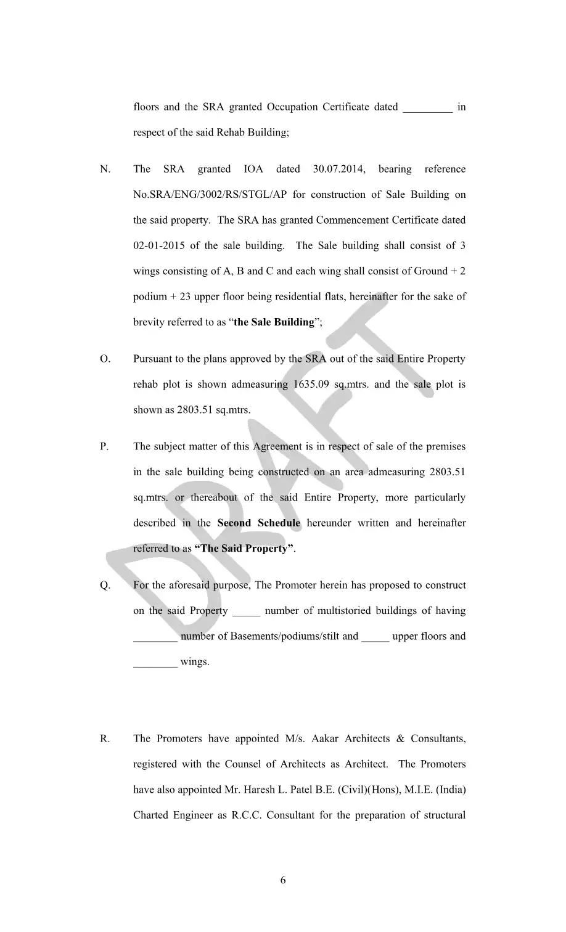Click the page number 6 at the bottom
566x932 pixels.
283,880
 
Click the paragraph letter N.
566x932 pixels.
105,170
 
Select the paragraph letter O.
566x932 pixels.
105,359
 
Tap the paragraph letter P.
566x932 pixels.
105,447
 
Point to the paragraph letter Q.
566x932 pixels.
105,586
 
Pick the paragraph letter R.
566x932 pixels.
105,739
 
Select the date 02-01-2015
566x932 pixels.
158,246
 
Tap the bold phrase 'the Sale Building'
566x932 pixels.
274,322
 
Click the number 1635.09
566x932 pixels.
311,385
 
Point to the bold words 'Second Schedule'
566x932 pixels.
259,523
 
